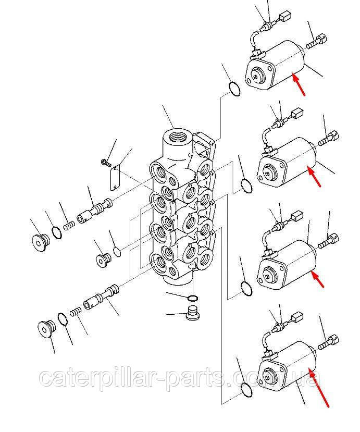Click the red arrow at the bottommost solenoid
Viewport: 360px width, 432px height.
[x=319, y=388]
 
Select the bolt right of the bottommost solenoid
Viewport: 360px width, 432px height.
[x=328, y=342]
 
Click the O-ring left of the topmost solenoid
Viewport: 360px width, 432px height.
[x=234, y=89]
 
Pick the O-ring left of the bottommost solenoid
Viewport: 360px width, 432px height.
[x=246, y=390]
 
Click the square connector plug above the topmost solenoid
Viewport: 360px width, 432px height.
[x=285, y=17]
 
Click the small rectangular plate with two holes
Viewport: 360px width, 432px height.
[x=115, y=177]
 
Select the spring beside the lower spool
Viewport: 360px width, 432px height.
[x=76, y=313]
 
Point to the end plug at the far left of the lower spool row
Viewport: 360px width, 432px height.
[x=46, y=328]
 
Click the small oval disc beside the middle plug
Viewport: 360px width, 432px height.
[x=117, y=252]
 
